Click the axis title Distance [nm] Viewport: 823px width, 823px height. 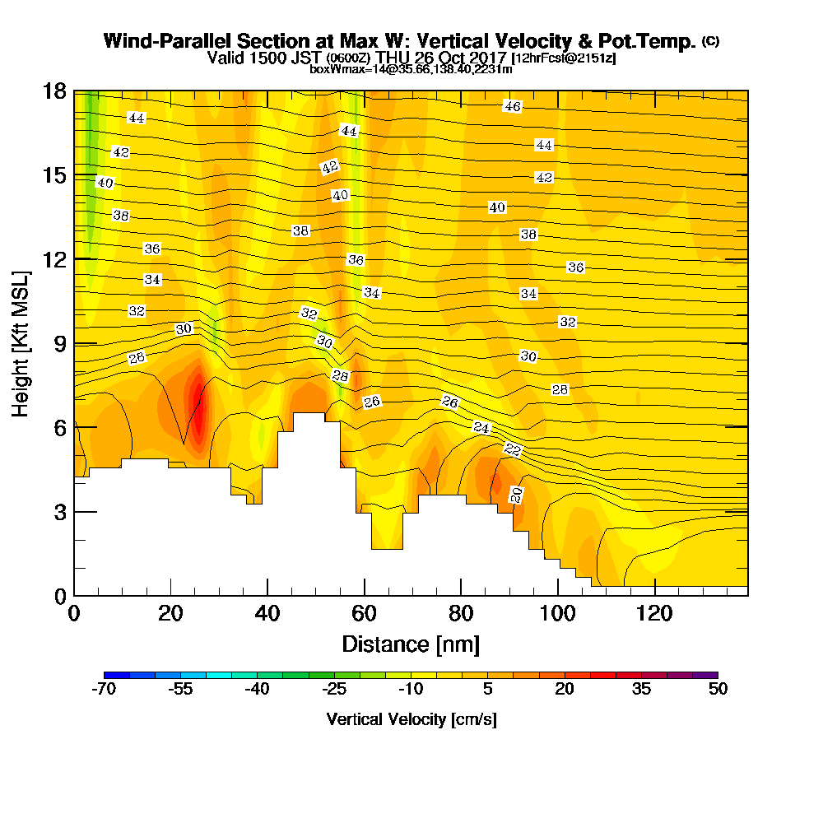point(411,644)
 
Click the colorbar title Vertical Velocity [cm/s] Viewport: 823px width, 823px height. point(411,719)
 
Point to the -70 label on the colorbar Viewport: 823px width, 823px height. point(105,690)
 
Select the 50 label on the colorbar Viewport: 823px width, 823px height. point(718,690)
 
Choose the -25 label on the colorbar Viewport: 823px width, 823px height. point(334,690)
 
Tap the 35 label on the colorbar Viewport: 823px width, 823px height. point(641,690)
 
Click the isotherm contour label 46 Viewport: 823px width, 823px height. point(513,106)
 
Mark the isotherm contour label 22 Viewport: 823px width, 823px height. point(513,449)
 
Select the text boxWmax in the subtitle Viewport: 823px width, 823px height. point(331,69)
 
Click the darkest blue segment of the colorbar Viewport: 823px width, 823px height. point(117,675)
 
